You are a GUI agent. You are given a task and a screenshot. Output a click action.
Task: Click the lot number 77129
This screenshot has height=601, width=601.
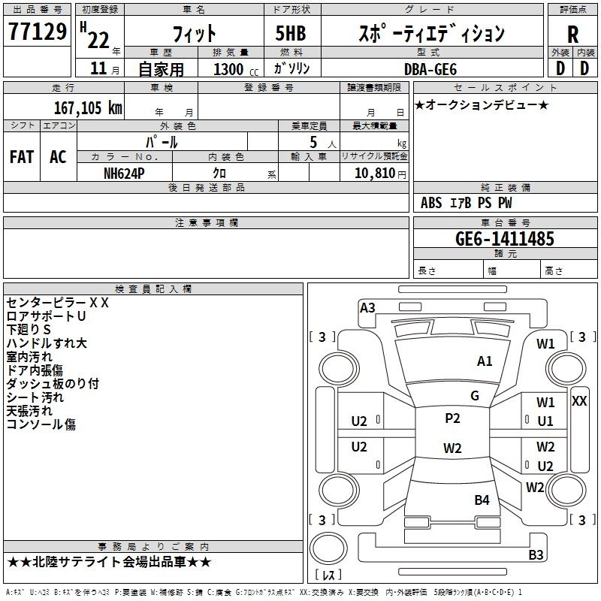pyautogui.click(x=37, y=31)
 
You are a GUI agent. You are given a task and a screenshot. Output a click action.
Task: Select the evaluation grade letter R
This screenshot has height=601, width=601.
pyautogui.click(x=572, y=35)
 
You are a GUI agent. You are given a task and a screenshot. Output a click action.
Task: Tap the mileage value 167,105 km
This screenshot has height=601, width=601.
pyautogui.click(x=88, y=107)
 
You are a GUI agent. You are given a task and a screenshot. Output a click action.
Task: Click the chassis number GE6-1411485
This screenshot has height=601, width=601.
pyautogui.click(x=505, y=238)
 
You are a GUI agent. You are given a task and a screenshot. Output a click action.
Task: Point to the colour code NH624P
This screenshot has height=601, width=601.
pyautogui.click(x=124, y=174)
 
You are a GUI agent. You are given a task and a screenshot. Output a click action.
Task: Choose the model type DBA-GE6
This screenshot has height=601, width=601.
pyautogui.click(x=430, y=69)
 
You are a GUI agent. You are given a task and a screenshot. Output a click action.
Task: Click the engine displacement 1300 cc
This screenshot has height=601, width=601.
pyautogui.click(x=236, y=69)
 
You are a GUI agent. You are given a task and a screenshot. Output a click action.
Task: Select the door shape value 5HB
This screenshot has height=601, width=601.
pyautogui.click(x=291, y=33)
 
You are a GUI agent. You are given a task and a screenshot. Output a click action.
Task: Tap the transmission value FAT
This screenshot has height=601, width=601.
pyautogui.click(x=22, y=157)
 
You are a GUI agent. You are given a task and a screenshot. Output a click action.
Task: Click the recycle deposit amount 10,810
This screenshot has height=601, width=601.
pyautogui.click(x=375, y=174)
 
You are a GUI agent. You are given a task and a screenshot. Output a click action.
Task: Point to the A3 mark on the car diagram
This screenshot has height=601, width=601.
pyautogui.click(x=367, y=308)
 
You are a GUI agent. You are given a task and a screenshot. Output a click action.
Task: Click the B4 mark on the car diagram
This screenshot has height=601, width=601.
pyautogui.click(x=482, y=500)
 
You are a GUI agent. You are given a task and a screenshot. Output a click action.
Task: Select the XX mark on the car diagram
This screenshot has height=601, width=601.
pyautogui.click(x=578, y=401)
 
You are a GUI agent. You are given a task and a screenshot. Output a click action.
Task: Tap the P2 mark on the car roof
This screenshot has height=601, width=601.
pyautogui.click(x=452, y=418)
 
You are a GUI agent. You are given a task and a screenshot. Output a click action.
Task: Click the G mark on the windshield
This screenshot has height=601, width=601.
pyautogui.click(x=475, y=396)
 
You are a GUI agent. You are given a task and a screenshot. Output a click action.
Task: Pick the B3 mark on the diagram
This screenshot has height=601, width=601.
pyautogui.click(x=536, y=554)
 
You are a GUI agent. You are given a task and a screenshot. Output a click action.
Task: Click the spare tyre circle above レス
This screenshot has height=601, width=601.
pyautogui.click(x=328, y=548)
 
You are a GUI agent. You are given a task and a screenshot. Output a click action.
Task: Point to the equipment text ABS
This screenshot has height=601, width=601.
pyautogui.click(x=431, y=203)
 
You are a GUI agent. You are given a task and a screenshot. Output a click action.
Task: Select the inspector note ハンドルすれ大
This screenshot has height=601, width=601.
pyautogui.click(x=47, y=343)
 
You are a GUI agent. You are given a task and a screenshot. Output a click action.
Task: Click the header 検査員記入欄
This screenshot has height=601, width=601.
pyautogui.click(x=153, y=289)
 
